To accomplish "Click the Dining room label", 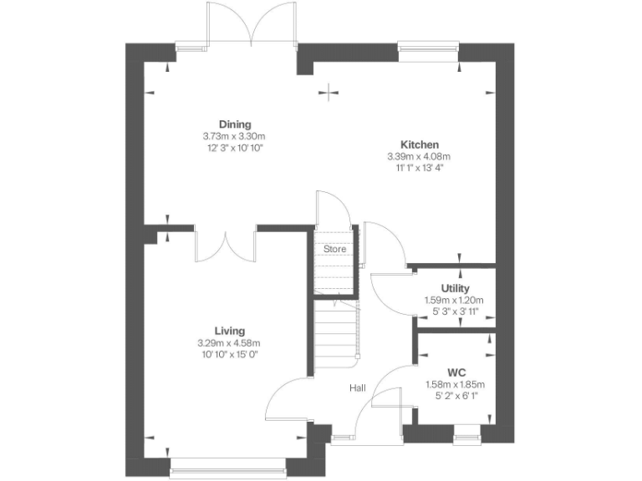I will click(x=235, y=124).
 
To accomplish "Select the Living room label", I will click(x=229, y=331).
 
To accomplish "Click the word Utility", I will click(x=455, y=288).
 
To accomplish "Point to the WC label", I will click(x=456, y=372).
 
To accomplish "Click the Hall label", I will click(x=359, y=387).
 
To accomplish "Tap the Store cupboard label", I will click(x=334, y=249).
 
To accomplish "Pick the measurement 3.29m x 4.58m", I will click(x=229, y=342).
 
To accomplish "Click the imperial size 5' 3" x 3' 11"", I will click(x=455, y=311).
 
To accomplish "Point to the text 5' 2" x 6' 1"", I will click(x=456, y=395).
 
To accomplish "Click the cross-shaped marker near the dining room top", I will click(x=333, y=92).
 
